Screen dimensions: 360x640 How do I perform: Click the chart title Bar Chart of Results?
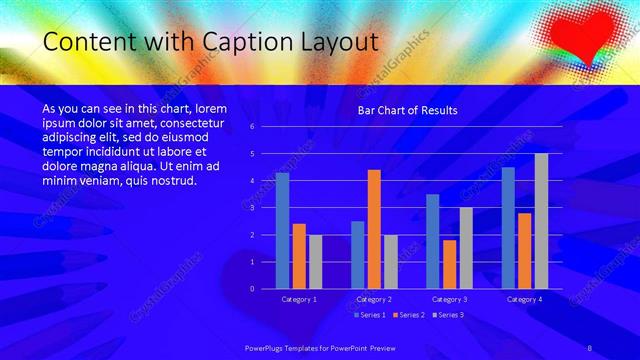pos(407,110)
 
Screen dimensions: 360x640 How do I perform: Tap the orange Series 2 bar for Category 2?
pos(374,229)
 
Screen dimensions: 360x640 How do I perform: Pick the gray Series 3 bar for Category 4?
pos(541,221)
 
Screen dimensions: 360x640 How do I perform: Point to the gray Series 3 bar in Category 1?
pos(315,261)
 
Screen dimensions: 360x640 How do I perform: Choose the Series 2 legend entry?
pos(407,315)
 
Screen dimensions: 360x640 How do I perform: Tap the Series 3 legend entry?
pos(446,315)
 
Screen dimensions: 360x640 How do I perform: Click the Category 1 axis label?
pos(299,299)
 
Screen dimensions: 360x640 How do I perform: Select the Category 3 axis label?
pos(449,299)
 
